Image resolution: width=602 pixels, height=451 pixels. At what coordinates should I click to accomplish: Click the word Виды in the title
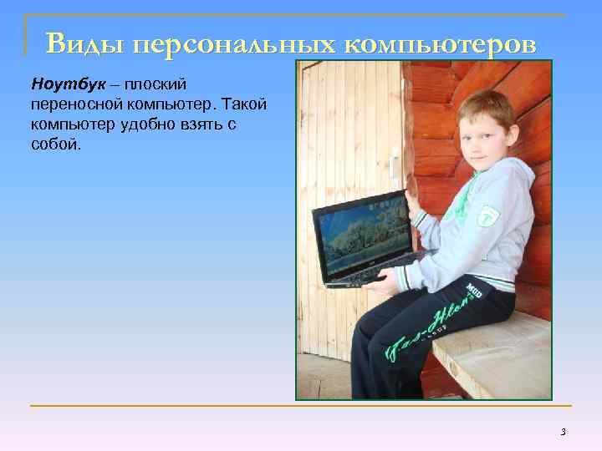82,43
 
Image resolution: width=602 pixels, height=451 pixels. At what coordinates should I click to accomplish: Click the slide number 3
563,432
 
